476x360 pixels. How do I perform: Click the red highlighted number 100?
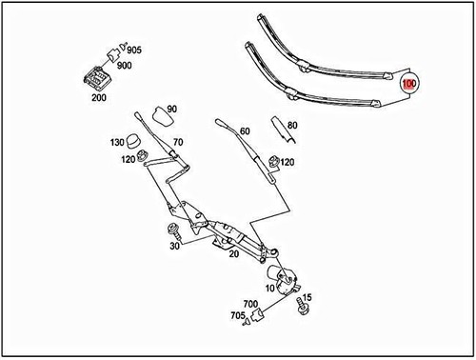tap(409, 84)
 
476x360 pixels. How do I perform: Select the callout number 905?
tap(134, 50)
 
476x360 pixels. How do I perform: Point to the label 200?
tap(99, 97)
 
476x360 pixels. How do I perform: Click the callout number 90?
tap(171, 110)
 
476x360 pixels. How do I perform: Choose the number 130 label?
tap(118, 142)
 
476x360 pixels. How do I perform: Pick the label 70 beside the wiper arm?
tap(177, 143)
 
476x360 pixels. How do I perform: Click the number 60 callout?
tap(245, 131)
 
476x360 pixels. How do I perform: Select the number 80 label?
tap(293, 125)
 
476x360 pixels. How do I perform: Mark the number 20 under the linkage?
tap(232, 254)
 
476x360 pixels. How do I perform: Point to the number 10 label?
tap(269, 287)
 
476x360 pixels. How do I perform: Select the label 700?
tap(251, 304)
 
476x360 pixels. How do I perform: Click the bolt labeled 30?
tap(174, 230)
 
